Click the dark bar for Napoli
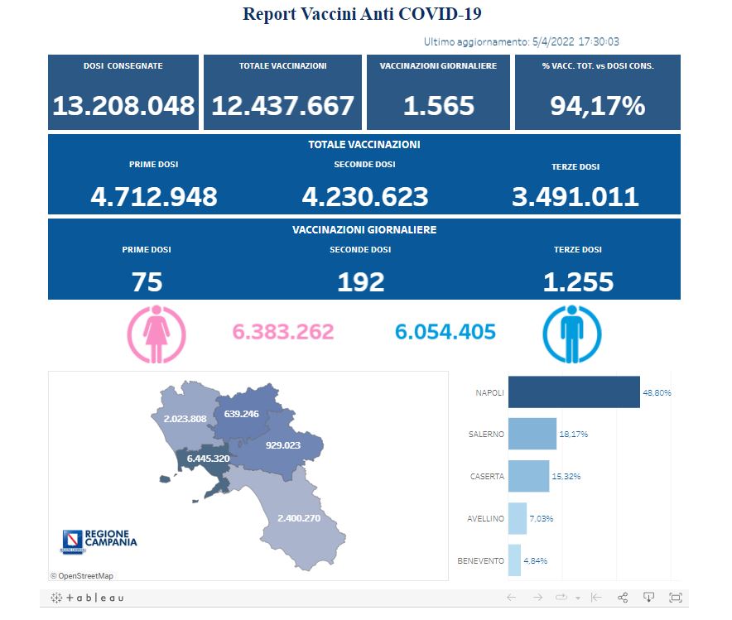pos(574,392)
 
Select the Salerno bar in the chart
pos(532,434)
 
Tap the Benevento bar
pos(514,560)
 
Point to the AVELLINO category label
pos(485,519)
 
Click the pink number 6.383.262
pos(283,333)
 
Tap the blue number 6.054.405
pos(445,333)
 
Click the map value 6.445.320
pos(208,459)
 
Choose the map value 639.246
pos(241,414)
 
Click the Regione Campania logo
pos(99,541)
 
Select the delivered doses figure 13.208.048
pos(123,106)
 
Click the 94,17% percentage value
pos(597,106)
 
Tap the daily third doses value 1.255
pos(578,283)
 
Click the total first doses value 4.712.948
pos(153,197)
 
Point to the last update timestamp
pos(533,41)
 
